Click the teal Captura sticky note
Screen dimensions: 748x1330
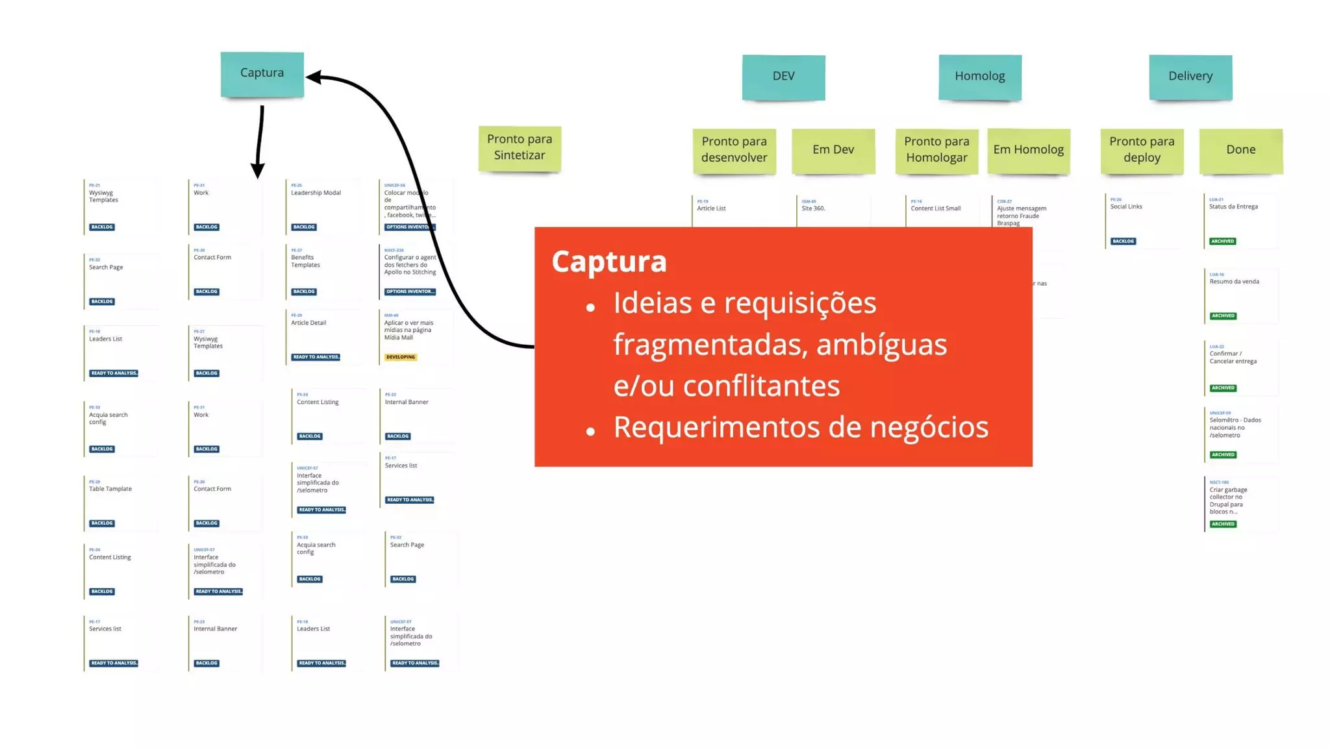(262, 74)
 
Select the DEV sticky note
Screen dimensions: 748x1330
(783, 77)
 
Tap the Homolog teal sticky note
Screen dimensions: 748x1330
(979, 77)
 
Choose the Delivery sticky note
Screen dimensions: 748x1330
(1190, 77)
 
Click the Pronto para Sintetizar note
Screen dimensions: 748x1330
(520, 147)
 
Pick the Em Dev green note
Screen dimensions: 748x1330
(833, 150)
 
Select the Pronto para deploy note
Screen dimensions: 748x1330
(1142, 150)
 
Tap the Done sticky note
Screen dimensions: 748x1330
(1240, 150)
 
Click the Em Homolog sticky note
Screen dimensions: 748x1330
(1028, 150)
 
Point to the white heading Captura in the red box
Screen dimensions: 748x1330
(609, 262)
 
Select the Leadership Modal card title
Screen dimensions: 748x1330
(316, 193)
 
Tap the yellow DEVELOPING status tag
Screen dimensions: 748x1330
(401, 357)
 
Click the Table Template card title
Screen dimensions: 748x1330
(110, 489)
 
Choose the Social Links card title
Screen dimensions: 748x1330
(1126, 206)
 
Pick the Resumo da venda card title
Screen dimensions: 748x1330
(1234, 282)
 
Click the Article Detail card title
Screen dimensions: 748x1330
(308, 323)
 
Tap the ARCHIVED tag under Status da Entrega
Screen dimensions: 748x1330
(1222, 242)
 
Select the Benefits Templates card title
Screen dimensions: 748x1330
(305, 261)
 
